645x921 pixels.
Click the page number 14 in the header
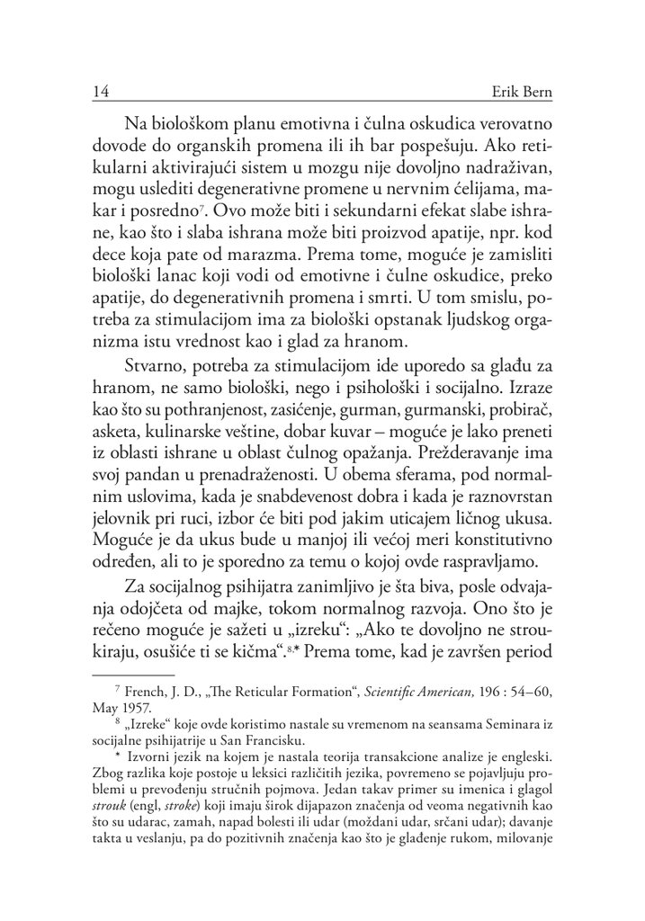coord(101,94)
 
